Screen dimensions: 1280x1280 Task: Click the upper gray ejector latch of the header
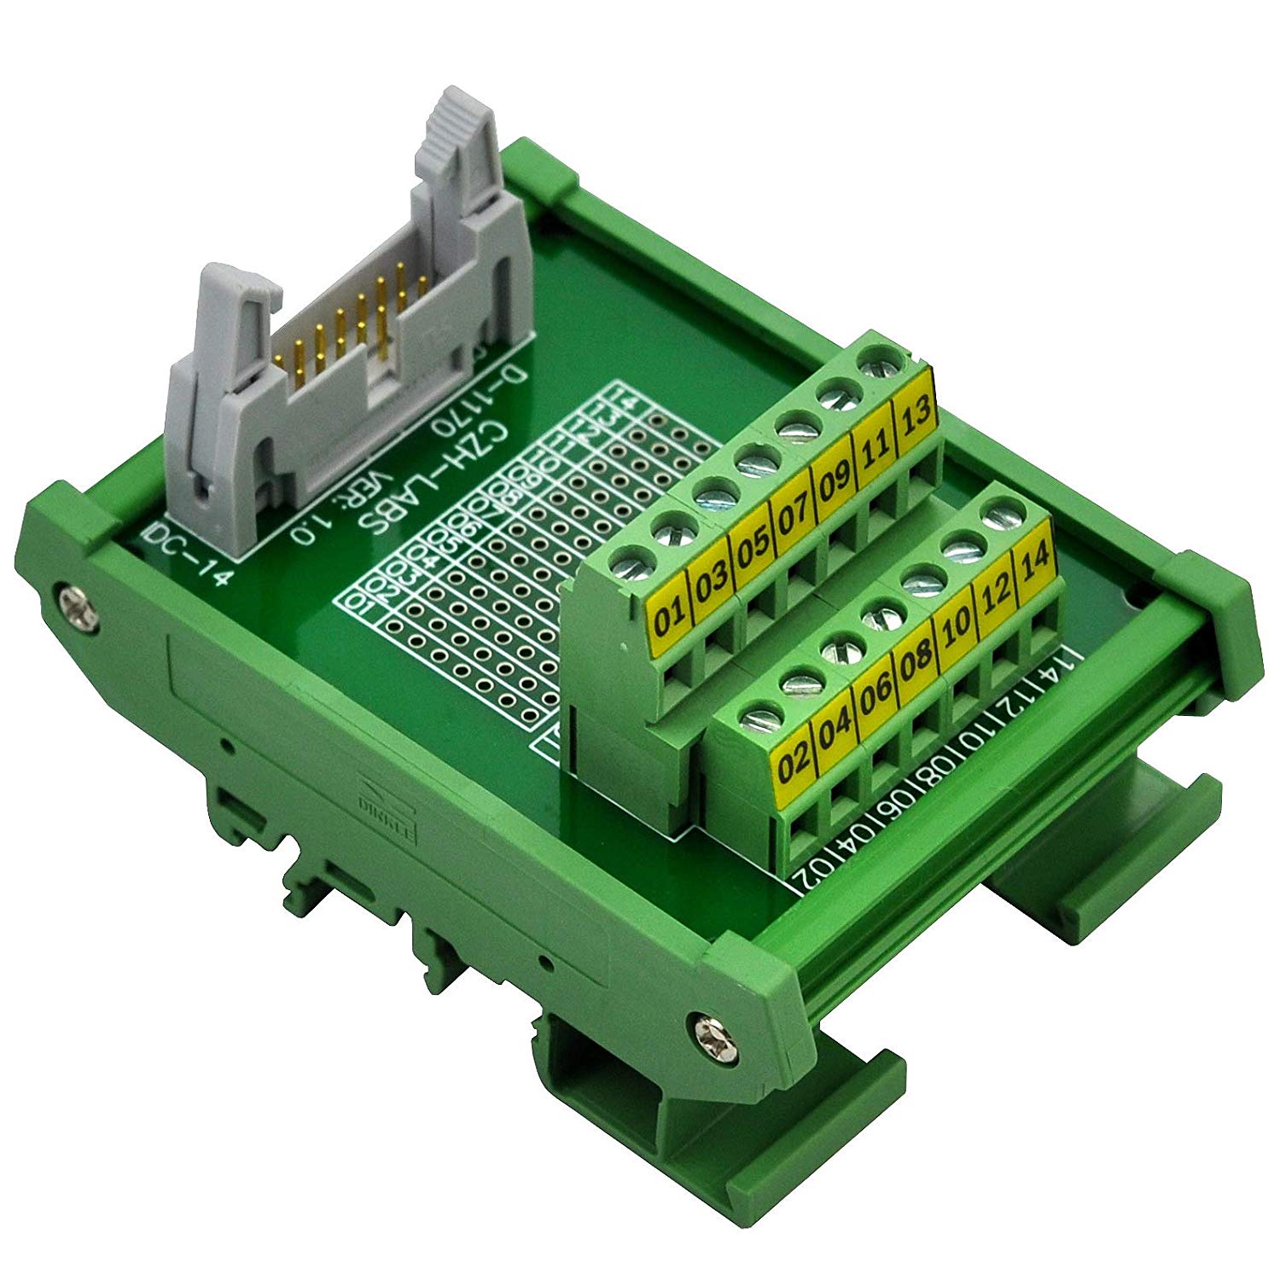point(457,137)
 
